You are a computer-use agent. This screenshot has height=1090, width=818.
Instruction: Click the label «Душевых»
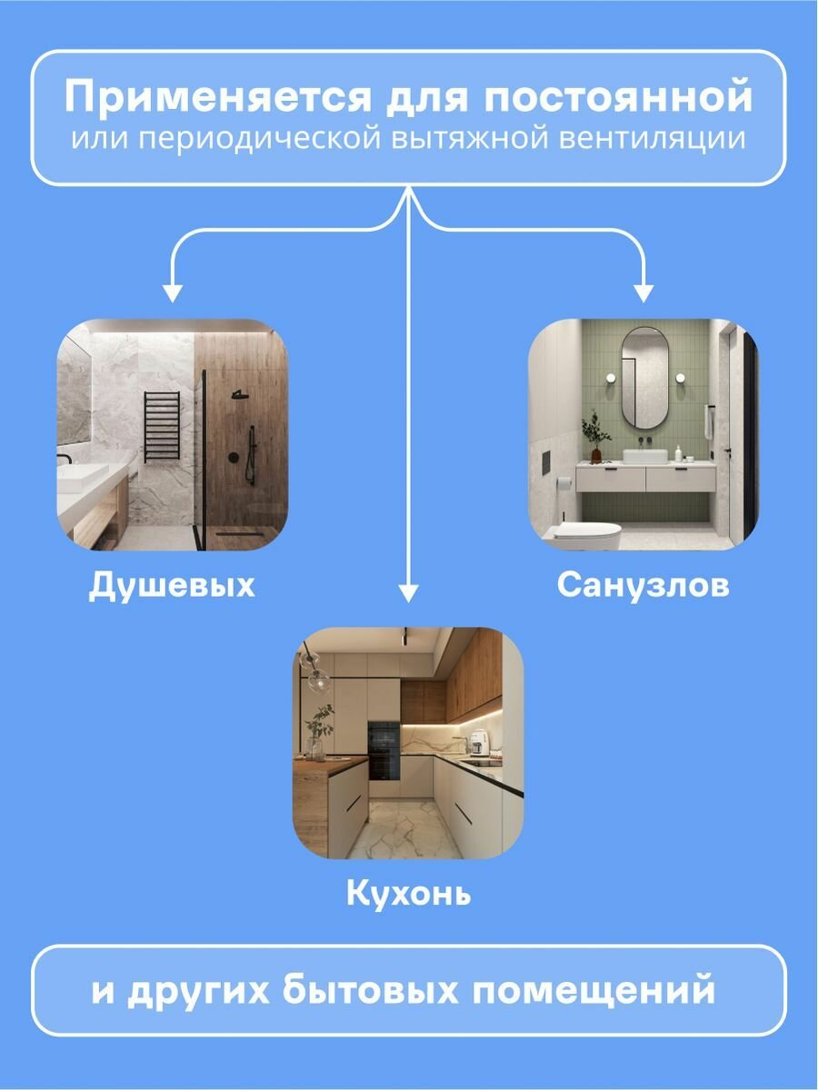[172, 586]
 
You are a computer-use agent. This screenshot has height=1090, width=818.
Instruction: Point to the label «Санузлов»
[643, 586]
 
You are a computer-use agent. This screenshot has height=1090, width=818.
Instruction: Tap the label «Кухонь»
[408, 894]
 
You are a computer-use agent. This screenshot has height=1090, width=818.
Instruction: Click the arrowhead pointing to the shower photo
[172, 292]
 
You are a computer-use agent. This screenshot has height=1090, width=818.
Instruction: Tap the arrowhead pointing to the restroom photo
[643, 292]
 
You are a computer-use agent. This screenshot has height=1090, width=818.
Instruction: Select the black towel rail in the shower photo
[163, 425]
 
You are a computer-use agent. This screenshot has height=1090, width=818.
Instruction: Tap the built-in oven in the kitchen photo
[383, 750]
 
